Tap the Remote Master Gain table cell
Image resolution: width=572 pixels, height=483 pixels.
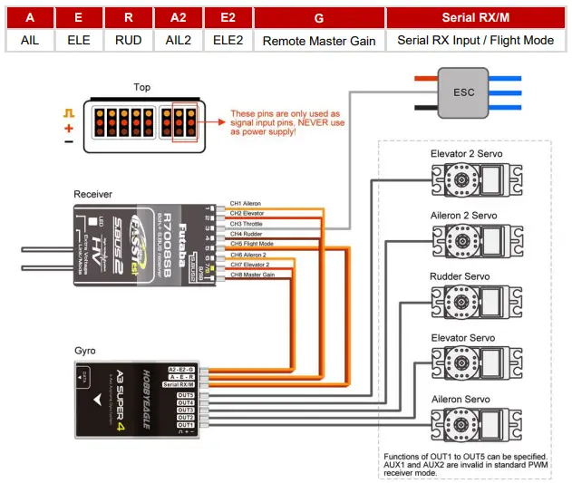[x=318, y=41]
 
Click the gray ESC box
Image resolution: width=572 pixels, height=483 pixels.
[x=464, y=92]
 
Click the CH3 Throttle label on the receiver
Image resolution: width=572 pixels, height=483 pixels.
[x=246, y=223]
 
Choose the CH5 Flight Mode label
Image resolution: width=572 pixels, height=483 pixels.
[x=250, y=244]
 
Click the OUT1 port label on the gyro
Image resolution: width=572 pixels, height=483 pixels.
[x=186, y=424]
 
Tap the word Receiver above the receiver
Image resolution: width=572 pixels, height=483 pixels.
[x=93, y=194]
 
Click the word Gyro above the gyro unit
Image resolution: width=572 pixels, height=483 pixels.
[x=86, y=350]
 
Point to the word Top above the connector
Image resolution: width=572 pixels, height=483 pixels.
[x=142, y=88]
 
